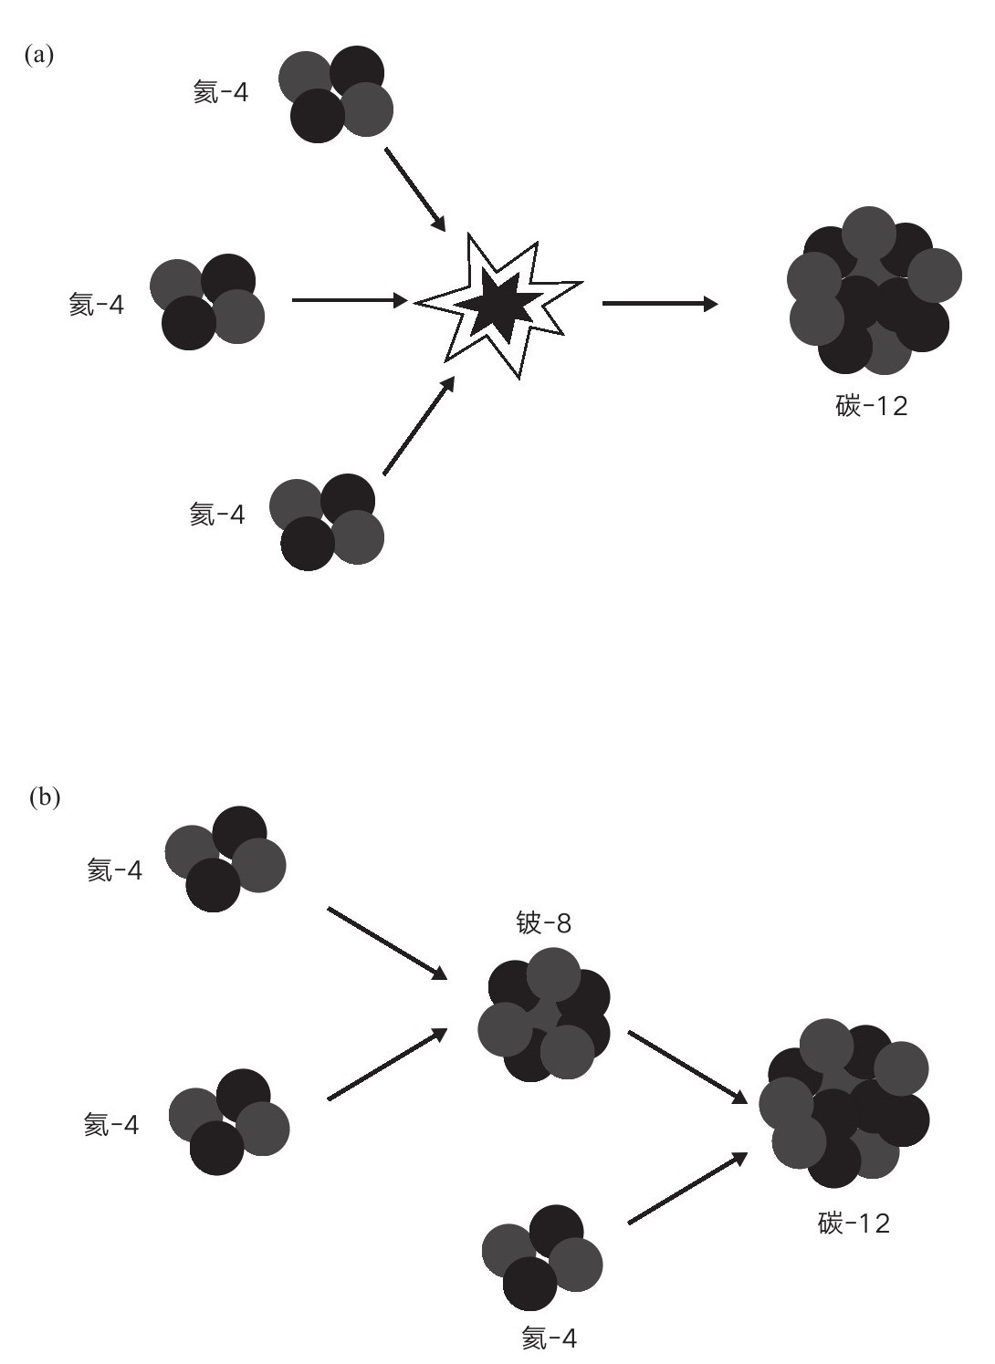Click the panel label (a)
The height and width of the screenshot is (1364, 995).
point(39,55)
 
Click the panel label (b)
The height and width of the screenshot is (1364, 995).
point(45,797)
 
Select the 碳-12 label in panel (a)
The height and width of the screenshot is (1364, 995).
point(872,405)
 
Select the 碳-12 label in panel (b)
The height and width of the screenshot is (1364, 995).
point(854,1223)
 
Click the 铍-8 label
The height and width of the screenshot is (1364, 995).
point(543,922)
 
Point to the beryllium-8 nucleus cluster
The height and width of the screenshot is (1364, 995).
point(543,1015)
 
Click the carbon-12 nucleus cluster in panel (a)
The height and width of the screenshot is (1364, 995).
point(875,290)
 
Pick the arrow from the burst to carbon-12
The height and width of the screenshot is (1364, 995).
point(660,303)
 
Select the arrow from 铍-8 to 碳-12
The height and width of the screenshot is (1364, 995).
point(688,1067)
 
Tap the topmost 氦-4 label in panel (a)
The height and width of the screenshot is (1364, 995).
point(221,92)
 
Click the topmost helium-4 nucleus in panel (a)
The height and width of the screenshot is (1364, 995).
point(336,94)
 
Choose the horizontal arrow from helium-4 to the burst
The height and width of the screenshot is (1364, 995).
point(351,300)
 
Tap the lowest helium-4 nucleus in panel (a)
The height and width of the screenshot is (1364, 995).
point(327,523)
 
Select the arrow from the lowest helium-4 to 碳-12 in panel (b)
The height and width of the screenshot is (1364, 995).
point(688,1188)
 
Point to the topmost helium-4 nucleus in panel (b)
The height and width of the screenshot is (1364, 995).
point(225,859)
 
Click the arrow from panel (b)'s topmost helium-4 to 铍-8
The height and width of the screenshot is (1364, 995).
point(388,943)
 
